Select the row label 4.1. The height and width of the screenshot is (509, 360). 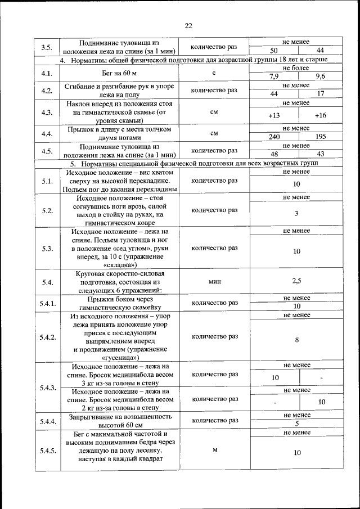coord(47,73)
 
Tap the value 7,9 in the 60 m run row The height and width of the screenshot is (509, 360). coord(274,76)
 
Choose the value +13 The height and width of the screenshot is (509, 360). coord(274,115)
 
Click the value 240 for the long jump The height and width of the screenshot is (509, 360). coord(274,137)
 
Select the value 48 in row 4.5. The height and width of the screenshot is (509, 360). coord(274,154)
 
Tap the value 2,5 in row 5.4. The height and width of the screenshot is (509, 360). coord(296,281)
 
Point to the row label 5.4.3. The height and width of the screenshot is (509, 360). coord(47,388)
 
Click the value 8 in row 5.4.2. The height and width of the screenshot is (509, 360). coord(296,340)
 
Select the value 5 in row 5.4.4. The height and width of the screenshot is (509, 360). coord(296,424)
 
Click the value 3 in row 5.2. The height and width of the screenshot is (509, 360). coord(296,214)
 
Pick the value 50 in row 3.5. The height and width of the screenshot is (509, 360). coord(274,50)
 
